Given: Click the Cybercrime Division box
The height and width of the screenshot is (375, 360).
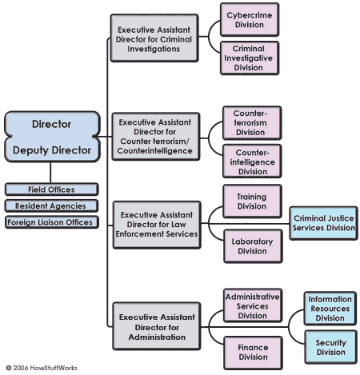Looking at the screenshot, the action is (x=250, y=20).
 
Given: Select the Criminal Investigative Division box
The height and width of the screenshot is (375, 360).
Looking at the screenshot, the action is (x=250, y=58).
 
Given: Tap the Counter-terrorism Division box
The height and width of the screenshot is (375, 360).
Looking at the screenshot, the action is (x=252, y=123).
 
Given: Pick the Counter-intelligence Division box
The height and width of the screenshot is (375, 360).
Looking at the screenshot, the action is (x=252, y=162).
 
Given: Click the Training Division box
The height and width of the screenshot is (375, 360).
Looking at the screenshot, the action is (x=253, y=201).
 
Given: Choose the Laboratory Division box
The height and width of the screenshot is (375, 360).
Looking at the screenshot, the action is (x=253, y=246).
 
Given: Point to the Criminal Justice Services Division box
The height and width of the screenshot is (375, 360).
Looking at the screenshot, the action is (x=324, y=223).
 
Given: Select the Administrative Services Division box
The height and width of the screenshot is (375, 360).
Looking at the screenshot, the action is (x=253, y=305).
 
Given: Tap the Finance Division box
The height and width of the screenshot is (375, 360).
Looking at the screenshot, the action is (x=253, y=353).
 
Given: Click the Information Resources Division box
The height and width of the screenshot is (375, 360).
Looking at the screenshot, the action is (x=330, y=309).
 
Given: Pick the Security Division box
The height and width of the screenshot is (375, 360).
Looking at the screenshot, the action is (x=331, y=347).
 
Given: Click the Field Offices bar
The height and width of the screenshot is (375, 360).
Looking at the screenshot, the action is (x=52, y=189).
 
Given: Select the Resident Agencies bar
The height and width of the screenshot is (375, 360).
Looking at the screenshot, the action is (x=52, y=205).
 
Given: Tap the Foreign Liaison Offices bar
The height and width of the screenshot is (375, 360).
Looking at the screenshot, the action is (x=52, y=222).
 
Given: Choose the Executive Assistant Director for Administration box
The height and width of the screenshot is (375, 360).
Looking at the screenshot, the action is (x=157, y=326).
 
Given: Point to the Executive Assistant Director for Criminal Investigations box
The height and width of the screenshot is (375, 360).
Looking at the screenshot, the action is (x=154, y=38).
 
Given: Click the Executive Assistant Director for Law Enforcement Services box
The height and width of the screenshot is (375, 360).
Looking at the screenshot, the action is (x=157, y=225).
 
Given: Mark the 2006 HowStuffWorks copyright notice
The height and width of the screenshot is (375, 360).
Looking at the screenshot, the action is (x=42, y=368).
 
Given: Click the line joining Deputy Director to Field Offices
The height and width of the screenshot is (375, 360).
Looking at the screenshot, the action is (x=50, y=173).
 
